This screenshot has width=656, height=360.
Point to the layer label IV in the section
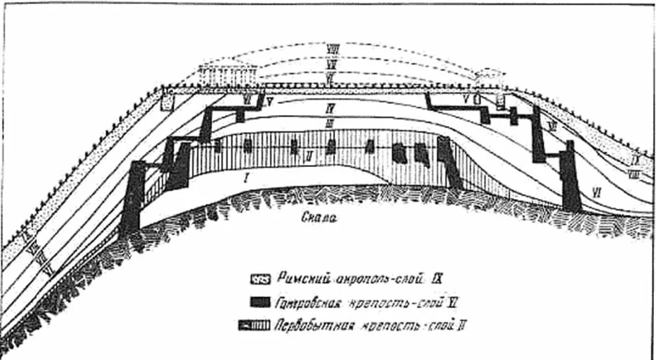(330, 108)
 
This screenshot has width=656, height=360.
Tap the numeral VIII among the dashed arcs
(332, 49)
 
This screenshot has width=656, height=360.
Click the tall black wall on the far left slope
(133, 198)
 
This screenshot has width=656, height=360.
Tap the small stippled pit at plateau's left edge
(168, 101)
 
